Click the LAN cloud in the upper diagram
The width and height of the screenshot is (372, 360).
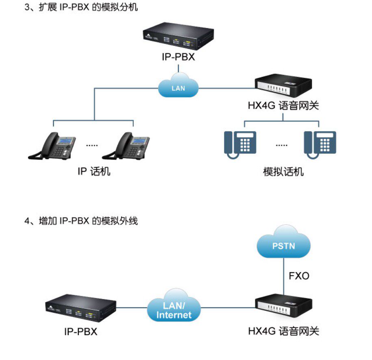point(178,86)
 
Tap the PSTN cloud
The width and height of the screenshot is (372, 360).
point(283,246)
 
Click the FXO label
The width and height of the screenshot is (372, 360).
point(299,276)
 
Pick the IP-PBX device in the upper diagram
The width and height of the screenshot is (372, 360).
point(178,38)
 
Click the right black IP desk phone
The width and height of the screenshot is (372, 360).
point(127,147)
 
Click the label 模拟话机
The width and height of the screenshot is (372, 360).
point(283,172)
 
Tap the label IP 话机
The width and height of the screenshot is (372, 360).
point(94,171)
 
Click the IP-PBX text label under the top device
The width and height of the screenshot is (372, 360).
point(178,57)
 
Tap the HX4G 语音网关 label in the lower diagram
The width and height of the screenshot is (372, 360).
point(283,331)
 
